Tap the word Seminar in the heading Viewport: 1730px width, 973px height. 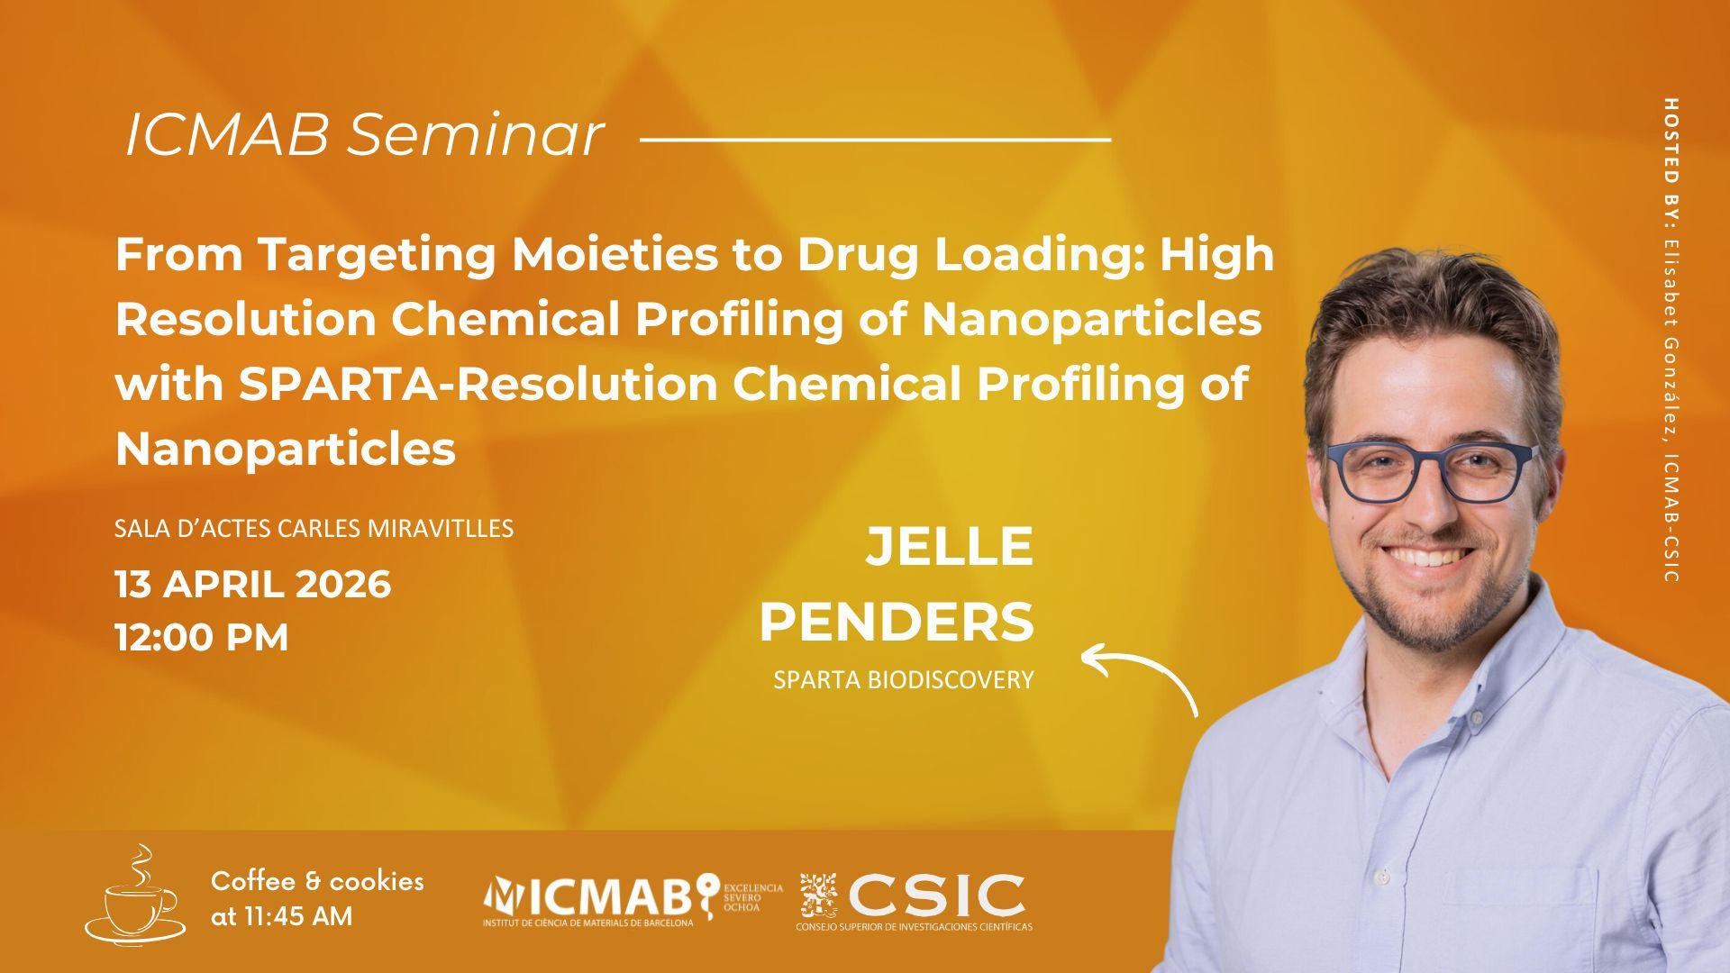pyautogui.click(x=476, y=136)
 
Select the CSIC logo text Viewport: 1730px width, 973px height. pyautogui.click(x=937, y=896)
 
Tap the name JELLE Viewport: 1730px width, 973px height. pyautogui.click(x=950, y=546)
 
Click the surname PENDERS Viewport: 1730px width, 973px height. pyautogui.click(x=897, y=622)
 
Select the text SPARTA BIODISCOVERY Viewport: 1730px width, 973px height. pyautogui.click(x=903, y=680)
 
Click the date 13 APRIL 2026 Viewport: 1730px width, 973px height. pyautogui.click(x=253, y=584)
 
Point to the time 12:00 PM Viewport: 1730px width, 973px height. pyautogui.click(x=202, y=637)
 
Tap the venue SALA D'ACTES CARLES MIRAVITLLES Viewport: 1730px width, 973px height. pyautogui.click(x=314, y=528)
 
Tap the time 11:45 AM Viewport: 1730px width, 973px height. pyautogui.click(x=281, y=917)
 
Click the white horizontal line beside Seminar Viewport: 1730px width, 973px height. pyautogui.click(x=875, y=140)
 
